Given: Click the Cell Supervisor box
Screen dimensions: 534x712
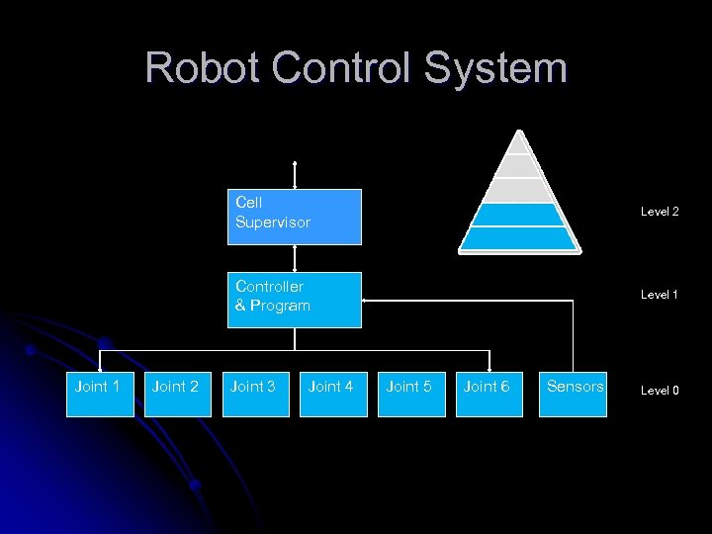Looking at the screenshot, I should [294, 217].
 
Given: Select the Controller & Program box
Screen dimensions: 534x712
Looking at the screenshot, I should [294, 300].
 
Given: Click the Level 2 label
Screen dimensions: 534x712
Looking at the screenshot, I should [660, 212].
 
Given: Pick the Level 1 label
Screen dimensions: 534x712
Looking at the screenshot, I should [660, 295].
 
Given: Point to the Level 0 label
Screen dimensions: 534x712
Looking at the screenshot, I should [660, 391].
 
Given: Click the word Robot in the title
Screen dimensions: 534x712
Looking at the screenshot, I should [202, 69].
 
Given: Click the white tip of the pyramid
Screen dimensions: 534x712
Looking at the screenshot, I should [518, 142].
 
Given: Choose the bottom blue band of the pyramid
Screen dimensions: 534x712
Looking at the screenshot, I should [518, 239].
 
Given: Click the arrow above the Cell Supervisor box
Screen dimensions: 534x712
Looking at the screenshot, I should [295, 174].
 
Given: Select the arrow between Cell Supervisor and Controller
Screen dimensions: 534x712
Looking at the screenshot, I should [295, 258].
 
